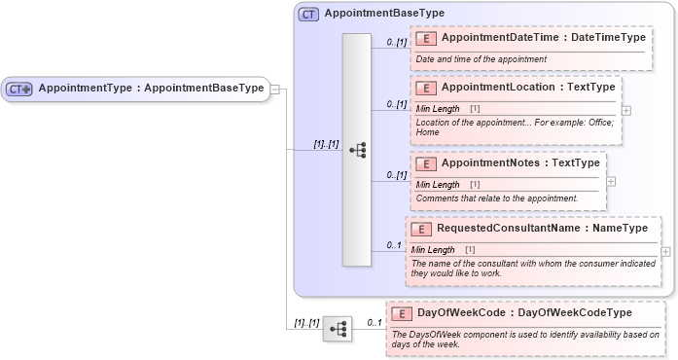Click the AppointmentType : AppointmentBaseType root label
(x=150, y=88)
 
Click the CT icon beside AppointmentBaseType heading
(x=308, y=14)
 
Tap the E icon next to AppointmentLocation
(x=425, y=87)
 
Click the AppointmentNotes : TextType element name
(x=520, y=162)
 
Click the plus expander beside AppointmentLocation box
(x=625, y=109)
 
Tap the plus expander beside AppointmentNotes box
(x=610, y=180)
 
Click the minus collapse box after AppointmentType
(x=275, y=89)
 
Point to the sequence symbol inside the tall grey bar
(x=357, y=150)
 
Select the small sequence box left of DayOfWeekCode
(x=338, y=329)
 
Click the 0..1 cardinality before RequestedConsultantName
(x=394, y=244)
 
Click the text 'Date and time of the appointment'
(x=482, y=59)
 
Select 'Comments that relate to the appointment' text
(x=496, y=198)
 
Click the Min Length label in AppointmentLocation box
(x=438, y=107)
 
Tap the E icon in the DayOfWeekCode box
(x=402, y=313)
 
